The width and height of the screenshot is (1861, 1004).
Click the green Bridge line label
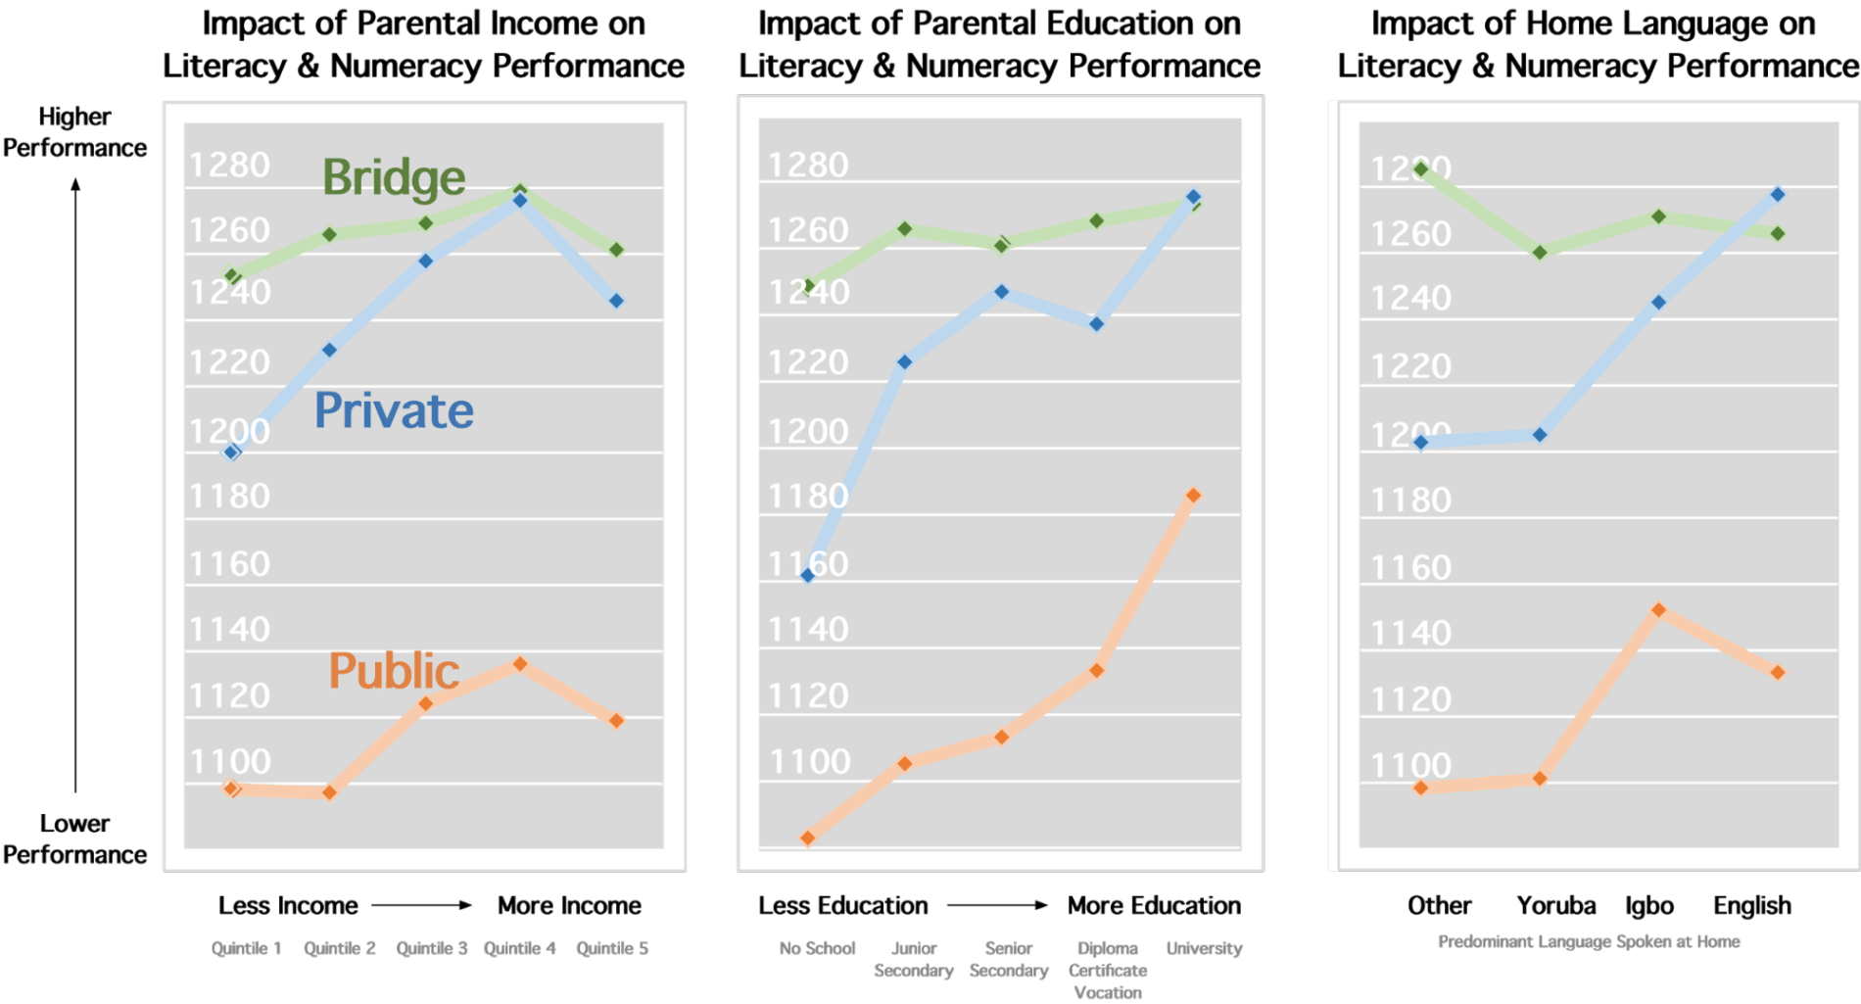tap(394, 177)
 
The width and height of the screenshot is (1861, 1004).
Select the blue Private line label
tap(394, 410)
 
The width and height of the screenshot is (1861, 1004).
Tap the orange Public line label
tap(394, 671)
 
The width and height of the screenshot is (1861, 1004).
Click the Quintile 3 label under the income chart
tap(432, 948)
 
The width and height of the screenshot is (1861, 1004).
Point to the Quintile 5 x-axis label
tap(612, 948)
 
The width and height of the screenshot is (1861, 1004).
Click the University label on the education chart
tap(1204, 948)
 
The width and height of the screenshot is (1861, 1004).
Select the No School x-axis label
tap(817, 948)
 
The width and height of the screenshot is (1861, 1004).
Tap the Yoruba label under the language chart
tap(1556, 905)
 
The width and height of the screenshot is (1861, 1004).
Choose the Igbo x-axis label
tap(1649, 905)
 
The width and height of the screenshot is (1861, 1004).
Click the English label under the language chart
tap(1752, 905)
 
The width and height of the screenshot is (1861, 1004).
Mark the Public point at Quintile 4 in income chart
tap(520, 664)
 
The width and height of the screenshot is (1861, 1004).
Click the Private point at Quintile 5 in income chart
tap(616, 301)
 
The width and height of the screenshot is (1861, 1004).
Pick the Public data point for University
tap(1193, 496)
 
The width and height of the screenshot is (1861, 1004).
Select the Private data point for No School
tap(808, 575)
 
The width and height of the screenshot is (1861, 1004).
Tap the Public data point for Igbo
tap(1658, 610)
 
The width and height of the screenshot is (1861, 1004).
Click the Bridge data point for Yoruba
tap(1540, 253)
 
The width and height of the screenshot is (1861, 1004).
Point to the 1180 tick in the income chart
tap(229, 497)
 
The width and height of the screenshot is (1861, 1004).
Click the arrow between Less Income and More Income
tap(423, 905)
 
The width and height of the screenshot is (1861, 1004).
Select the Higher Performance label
tap(74, 132)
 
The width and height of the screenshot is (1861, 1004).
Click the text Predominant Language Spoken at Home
tap(1589, 941)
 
